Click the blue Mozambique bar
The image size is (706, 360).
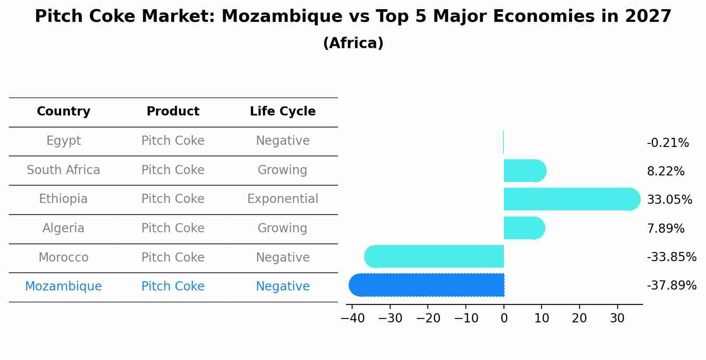[426, 285]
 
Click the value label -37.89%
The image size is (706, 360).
[671, 286]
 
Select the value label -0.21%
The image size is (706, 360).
[668, 143]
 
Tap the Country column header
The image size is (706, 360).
[63, 112]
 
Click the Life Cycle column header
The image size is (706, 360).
[283, 112]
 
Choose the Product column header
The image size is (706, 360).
[173, 112]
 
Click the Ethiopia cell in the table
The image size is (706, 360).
[63, 199]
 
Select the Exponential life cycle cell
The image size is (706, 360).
[283, 199]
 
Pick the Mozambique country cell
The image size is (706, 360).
[63, 287]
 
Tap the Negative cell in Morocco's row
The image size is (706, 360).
[283, 257]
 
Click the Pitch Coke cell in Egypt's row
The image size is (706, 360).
[173, 141]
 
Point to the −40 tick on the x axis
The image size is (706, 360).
[353, 318]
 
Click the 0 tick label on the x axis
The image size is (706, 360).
[504, 318]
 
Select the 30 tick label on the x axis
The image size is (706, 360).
[617, 318]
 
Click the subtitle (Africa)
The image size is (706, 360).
[353, 43]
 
